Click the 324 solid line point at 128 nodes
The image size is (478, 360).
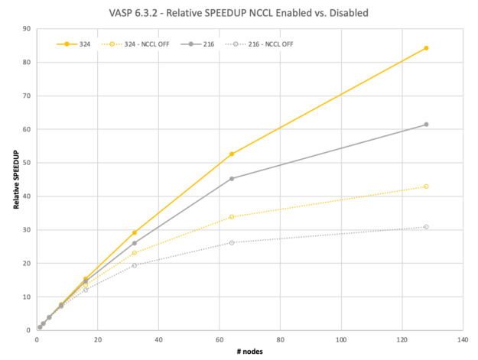coord(426,48)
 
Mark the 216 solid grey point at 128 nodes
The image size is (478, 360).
coord(426,125)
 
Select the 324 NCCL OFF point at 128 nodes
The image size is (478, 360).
coord(426,186)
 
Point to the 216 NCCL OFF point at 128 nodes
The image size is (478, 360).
coord(426,227)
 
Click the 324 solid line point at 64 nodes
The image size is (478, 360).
coord(232,154)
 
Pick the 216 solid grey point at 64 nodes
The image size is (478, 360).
coord(232,179)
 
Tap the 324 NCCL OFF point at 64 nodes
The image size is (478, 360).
coord(232,217)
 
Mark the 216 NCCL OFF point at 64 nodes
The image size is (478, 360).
coord(232,242)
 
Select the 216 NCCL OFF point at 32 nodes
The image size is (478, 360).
coord(135,265)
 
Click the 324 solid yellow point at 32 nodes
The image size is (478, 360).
coord(135,232)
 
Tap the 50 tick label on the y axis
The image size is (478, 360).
coord(27,163)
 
